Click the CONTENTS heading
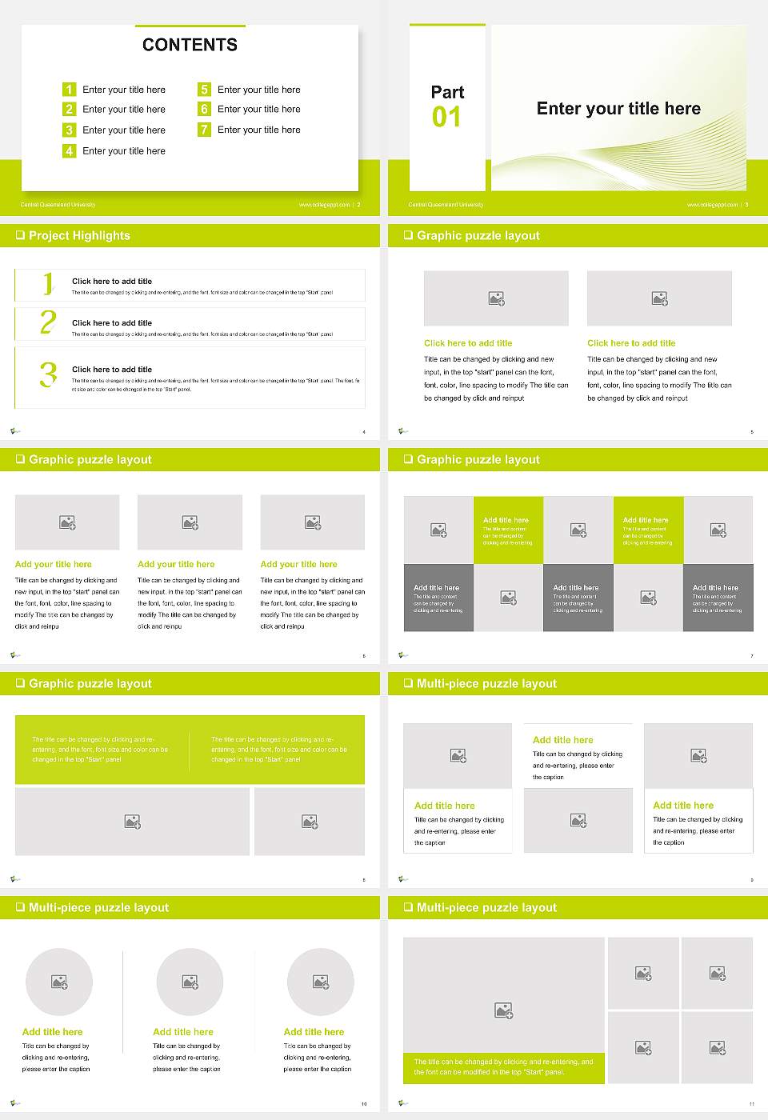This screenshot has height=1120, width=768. click(190, 45)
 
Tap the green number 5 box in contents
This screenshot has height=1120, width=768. click(204, 90)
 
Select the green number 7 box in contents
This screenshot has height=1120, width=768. click(204, 130)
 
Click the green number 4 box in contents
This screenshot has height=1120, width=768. click(69, 150)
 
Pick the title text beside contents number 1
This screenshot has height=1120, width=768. click(124, 90)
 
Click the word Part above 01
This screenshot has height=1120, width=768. click(447, 92)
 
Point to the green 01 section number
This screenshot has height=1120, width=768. click(446, 118)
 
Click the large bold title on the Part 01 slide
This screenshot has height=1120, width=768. click(618, 109)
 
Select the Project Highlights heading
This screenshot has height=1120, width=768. click(79, 235)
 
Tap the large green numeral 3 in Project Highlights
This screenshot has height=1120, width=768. click(48, 374)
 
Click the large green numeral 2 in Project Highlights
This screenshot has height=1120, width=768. click(48, 322)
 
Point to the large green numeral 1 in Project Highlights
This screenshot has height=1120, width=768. click(48, 283)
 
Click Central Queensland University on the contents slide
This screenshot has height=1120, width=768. click(58, 205)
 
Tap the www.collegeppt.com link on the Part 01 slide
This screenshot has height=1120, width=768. click(712, 205)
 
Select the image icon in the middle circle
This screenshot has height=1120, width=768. click(190, 982)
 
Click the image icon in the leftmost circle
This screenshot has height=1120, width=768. click(59, 982)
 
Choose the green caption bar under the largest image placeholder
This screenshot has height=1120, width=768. click(504, 1067)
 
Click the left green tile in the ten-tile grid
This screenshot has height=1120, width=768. click(508, 530)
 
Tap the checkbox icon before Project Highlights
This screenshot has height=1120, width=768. click(20, 235)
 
